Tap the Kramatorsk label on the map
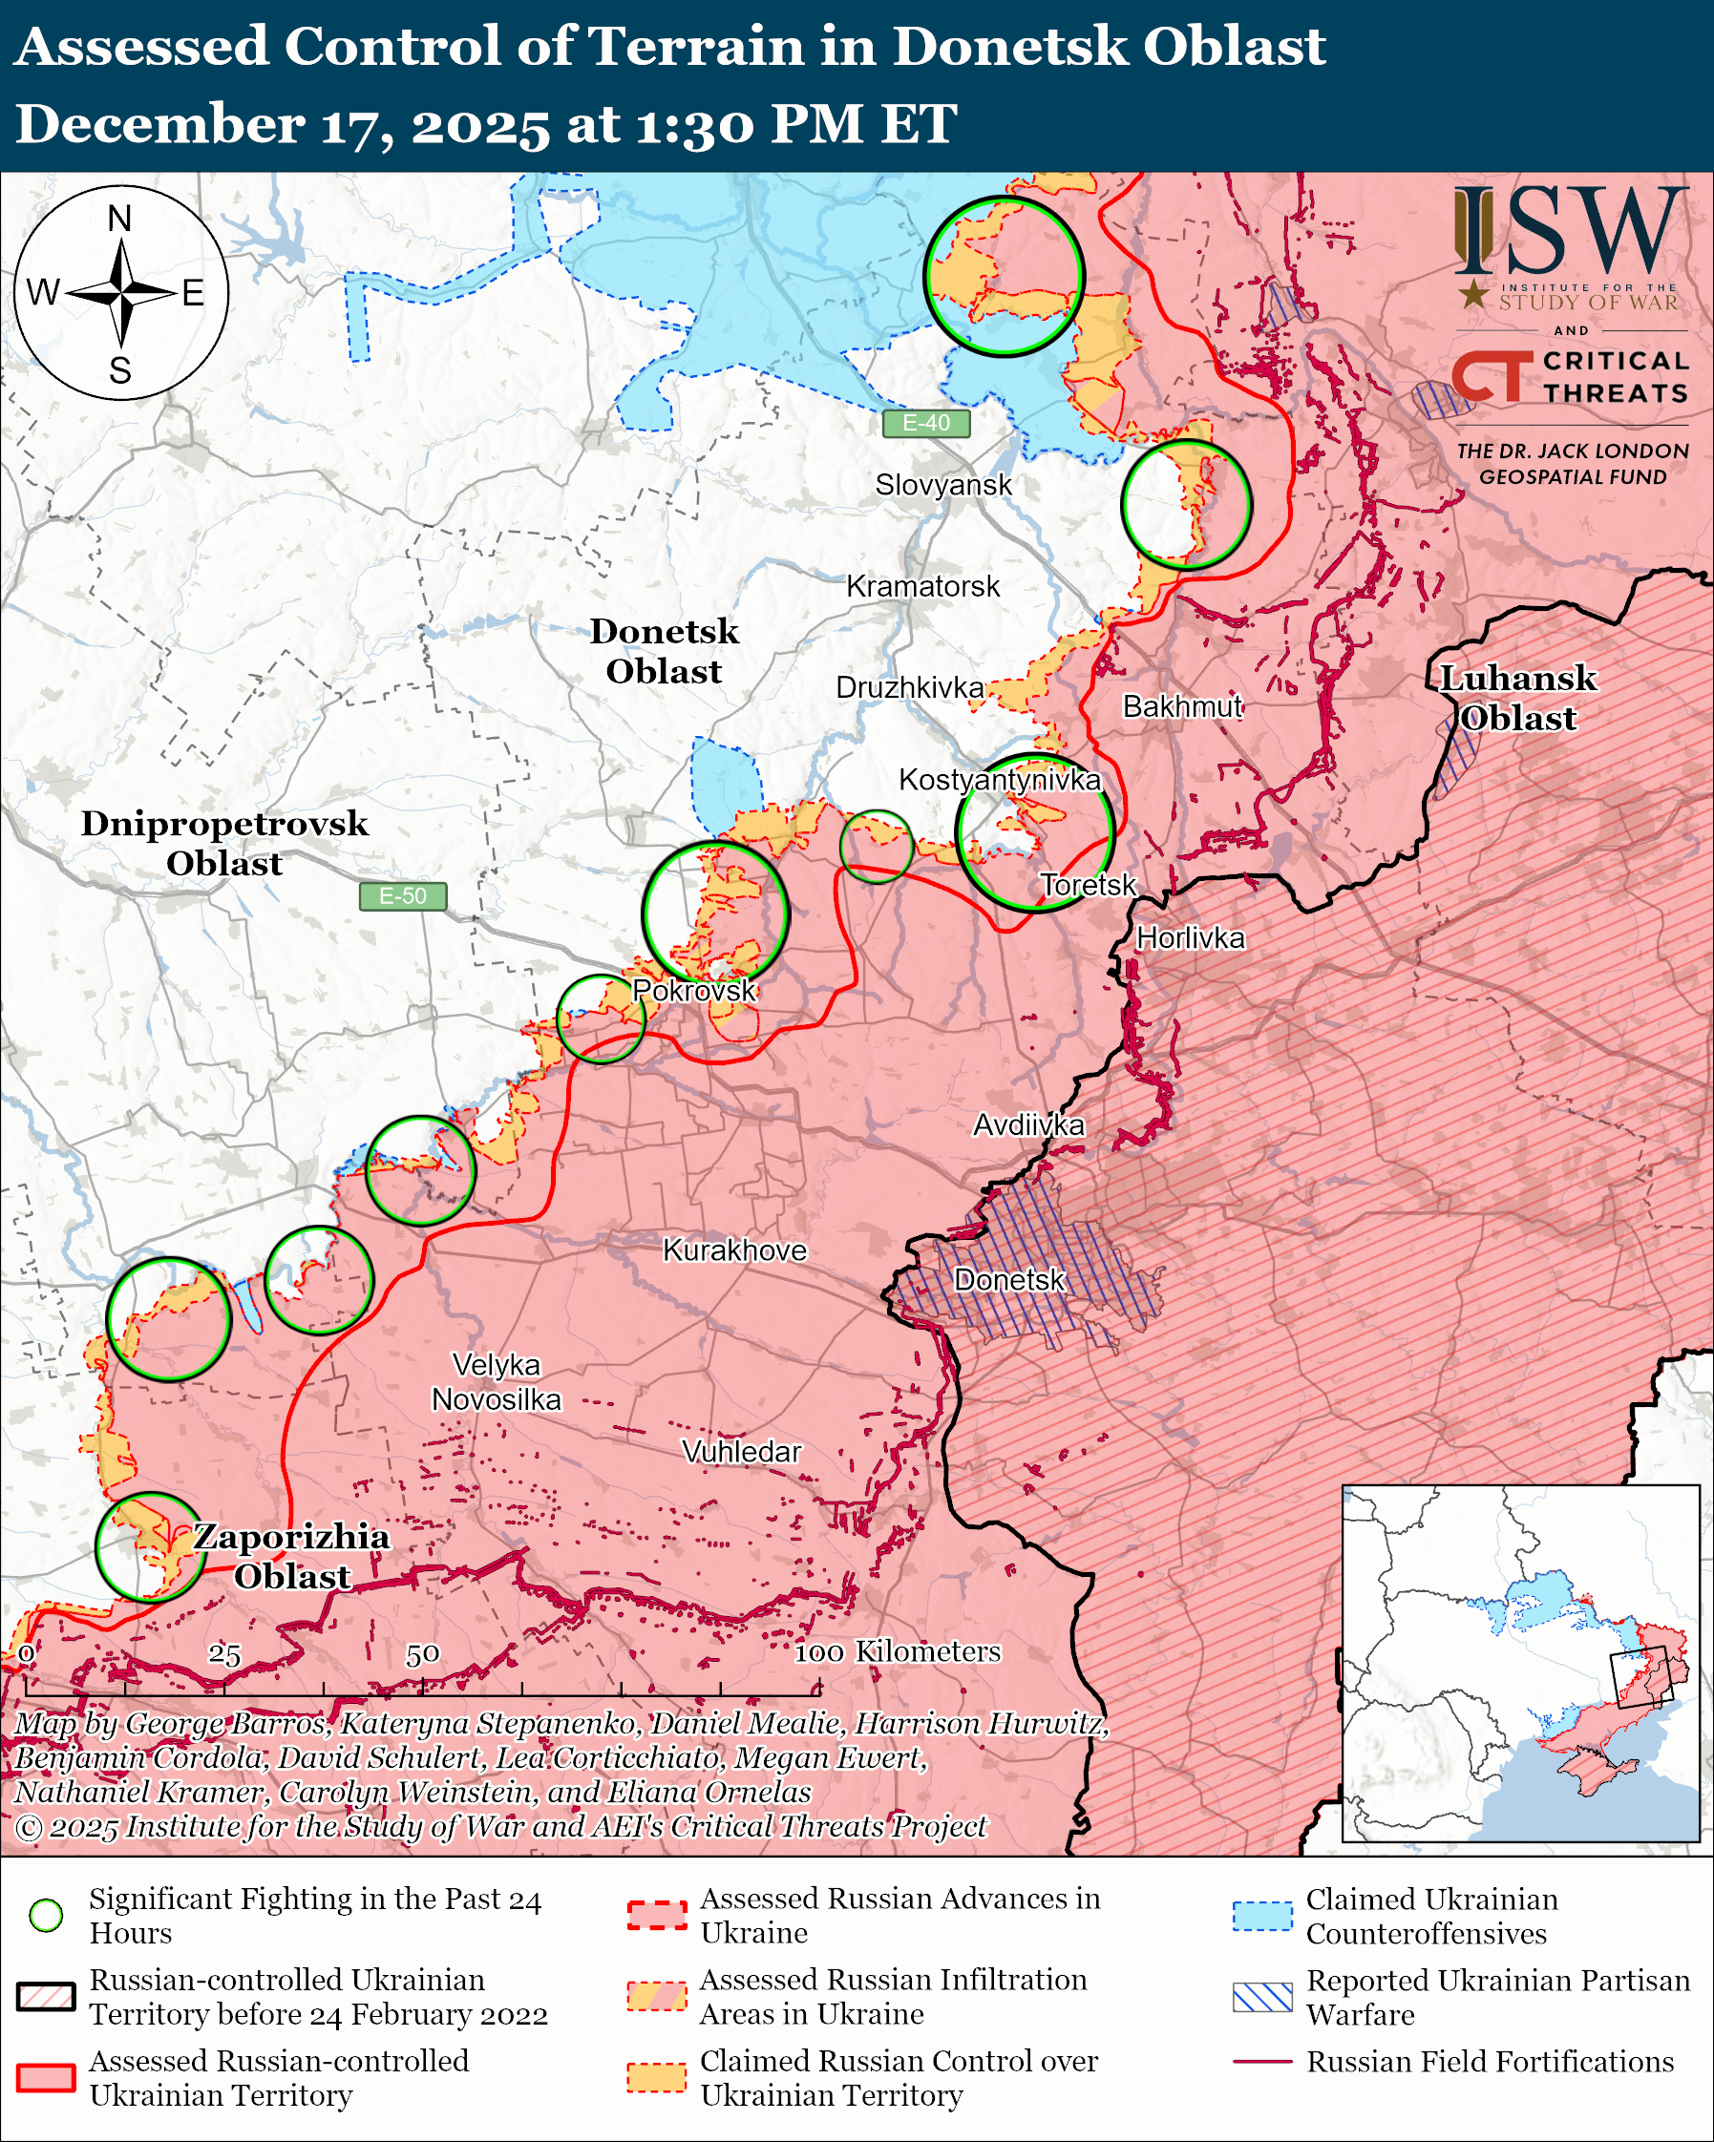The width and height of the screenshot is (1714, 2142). tap(922, 586)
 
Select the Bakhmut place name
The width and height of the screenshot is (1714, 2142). tap(1181, 706)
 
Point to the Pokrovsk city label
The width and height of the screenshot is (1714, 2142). tap(693, 991)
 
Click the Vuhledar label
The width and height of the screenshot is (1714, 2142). tap(740, 1452)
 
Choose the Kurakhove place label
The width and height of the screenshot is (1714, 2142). tap(734, 1249)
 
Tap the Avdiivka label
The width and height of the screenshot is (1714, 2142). tap(1027, 1124)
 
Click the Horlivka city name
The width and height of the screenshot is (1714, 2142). tap(1190, 938)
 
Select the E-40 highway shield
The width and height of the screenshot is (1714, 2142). tap(925, 423)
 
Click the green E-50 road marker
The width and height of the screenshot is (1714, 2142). tap(402, 896)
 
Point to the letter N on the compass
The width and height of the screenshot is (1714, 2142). tap(119, 219)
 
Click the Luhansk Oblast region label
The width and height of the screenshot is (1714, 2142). tap(1517, 698)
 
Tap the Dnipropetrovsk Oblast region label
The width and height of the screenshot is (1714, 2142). tap(224, 843)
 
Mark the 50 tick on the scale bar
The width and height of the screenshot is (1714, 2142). tap(422, 1654)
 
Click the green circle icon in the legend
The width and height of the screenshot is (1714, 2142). tap(47, 1915)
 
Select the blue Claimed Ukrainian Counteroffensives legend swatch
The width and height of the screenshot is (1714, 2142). tap(1262, 1915)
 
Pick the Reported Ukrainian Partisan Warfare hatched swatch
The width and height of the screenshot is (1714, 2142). tap(1262, 1996)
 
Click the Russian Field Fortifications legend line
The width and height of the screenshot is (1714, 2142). tap(1262, 2062)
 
